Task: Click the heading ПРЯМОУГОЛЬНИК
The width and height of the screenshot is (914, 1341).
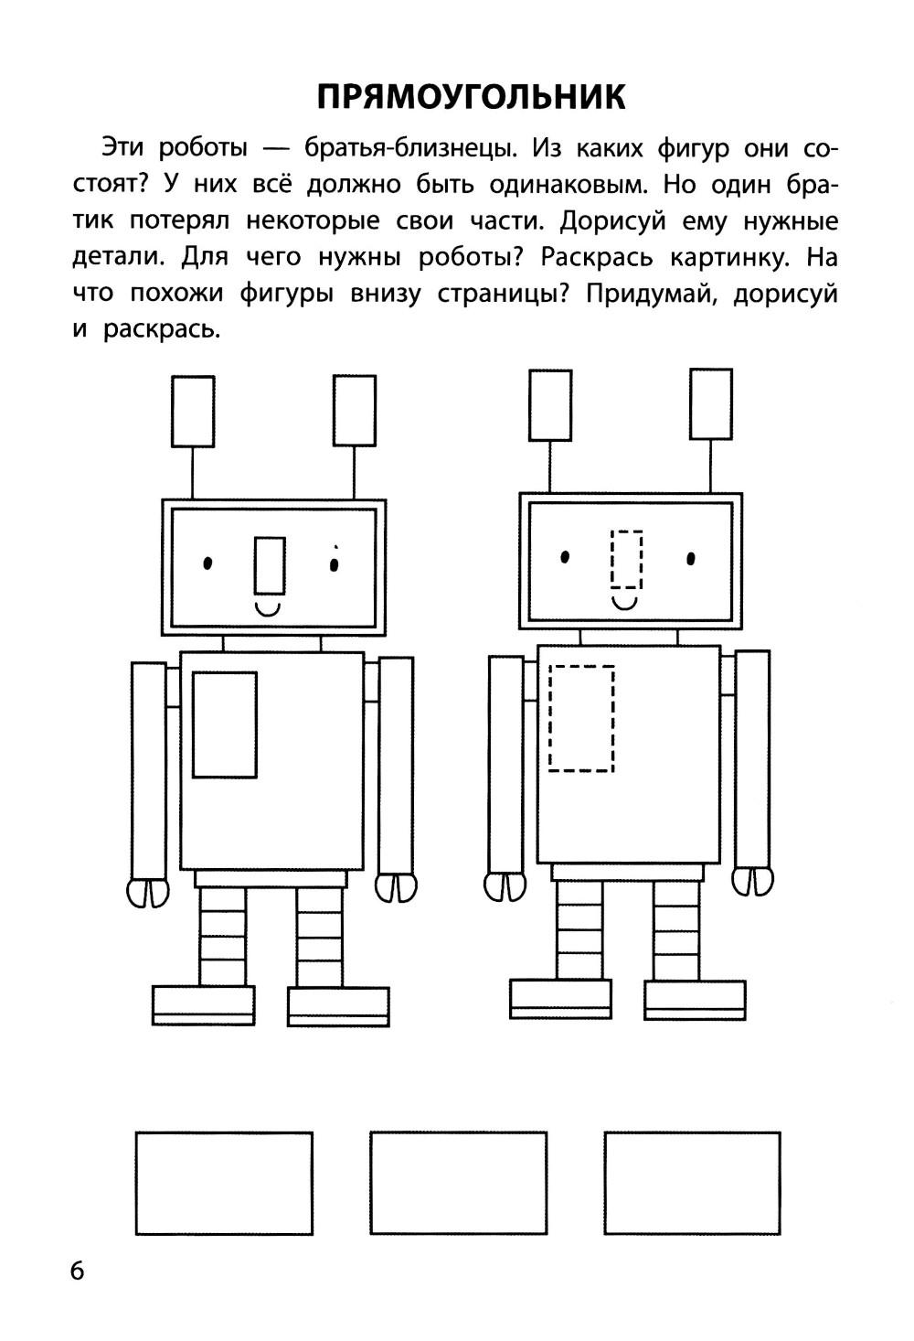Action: coord(471,96)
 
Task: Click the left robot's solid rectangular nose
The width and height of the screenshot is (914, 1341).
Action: coord(270,563)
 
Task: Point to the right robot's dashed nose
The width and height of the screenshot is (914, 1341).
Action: coord(626,559)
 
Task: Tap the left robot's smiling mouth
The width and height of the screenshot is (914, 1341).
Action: coord(268,606)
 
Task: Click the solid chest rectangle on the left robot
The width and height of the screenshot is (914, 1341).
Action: coord(224,724)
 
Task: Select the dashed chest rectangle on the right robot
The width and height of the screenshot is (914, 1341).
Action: coord(581,718)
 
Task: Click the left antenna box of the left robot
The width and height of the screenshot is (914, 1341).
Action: coord(193,412)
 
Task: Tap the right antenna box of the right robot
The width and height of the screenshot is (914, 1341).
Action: coord(710,404)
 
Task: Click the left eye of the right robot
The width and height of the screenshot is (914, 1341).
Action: coord(566,555)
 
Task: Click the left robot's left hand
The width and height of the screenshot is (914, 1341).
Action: coord(147,892)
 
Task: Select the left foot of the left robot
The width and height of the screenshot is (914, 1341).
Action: coord(203,1004)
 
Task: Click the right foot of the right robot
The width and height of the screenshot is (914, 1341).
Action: coord(695,999)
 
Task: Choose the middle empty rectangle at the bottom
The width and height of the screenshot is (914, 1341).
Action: coord(458,1183)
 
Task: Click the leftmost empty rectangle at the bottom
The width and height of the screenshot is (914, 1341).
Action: coord(224,1183)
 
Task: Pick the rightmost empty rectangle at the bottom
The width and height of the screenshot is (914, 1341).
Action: coord(692,1183)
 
